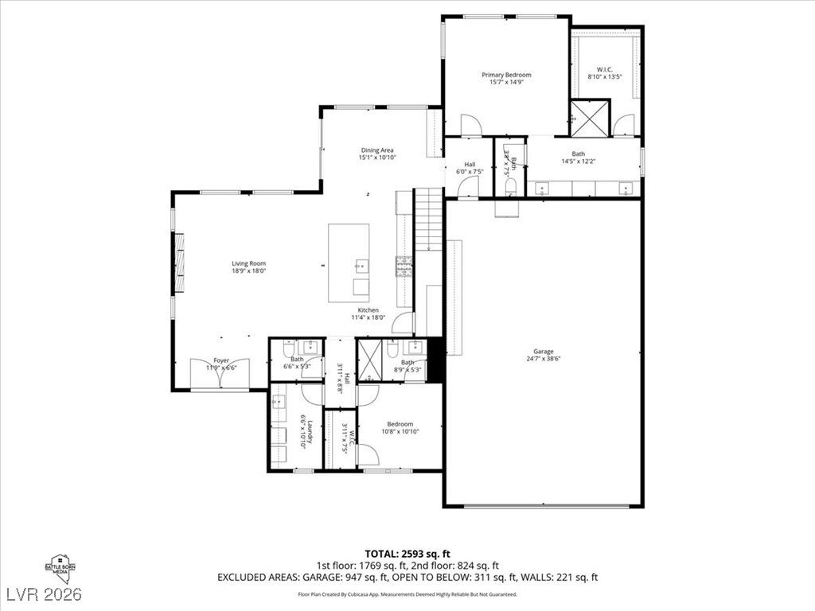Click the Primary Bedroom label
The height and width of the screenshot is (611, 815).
[506, 75]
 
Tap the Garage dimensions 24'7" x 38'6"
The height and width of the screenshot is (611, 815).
[544, 359]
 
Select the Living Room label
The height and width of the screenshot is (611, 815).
[248, 263]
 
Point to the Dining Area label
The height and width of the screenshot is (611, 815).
[377, 150]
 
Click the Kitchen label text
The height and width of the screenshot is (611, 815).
[368, 309]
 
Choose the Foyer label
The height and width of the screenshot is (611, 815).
[220, 360]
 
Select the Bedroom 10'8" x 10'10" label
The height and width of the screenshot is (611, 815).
[400, 424]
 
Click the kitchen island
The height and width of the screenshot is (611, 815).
[349, 263]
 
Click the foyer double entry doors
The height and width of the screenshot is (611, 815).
[220, 375]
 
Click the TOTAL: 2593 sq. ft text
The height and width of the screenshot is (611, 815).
[407, 553]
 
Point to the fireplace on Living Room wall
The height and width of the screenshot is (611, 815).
[178, 264]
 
